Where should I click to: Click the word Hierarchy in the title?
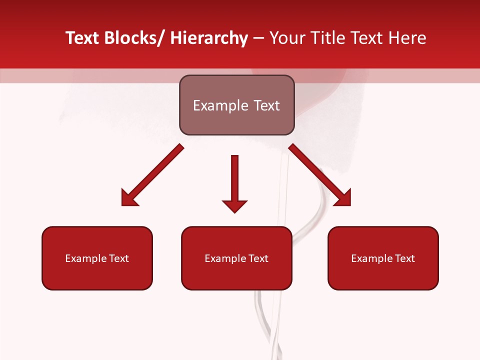(x=209, y=38)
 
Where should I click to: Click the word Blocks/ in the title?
(x=135, y=38)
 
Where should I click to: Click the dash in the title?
(x=258, y=38)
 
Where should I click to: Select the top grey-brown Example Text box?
(x=236, y=105)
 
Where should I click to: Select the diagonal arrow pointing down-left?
(x=152, y=175)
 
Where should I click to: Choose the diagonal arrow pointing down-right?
(x=320, y=175)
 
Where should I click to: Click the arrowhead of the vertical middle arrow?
(x=234, y=205)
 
